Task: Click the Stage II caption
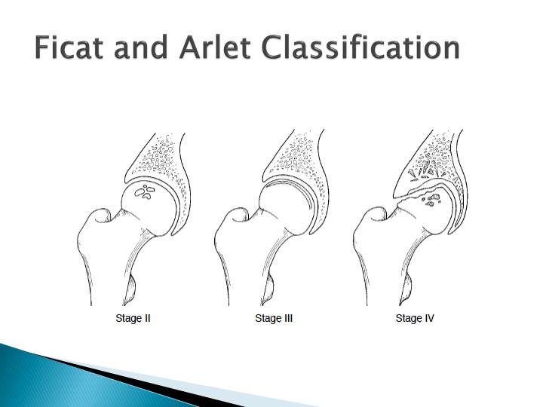[x=133, y=318]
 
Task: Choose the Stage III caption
[x=274, y=318]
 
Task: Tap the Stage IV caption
[x=415, y=318]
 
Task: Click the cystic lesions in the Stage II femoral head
[x=143, y=194]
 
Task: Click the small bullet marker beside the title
[x=18, y=49]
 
